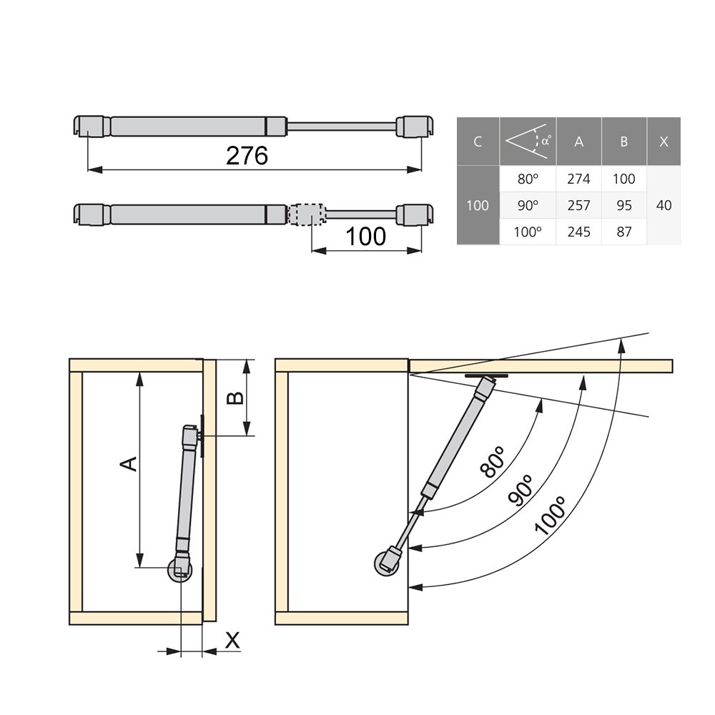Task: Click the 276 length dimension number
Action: click(x=247, y=155)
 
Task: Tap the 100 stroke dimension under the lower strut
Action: click(x=365, y=236)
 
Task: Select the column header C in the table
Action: click(x=477, y=142)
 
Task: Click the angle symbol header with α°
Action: click(x=528, y=141)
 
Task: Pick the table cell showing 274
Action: click(x=578, y=179)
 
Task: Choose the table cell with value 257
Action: click(x=578, y=205)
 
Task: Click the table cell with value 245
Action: click(x=578, y=232)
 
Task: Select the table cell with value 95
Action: click(x=623, y=205)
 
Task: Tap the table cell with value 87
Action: click(x=623, y=232)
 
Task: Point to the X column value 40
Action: click(x=664, y=205)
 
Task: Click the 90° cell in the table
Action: click(x=528, y=205)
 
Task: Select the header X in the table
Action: click(x=664, y=142)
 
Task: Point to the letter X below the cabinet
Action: click(x=232, y=641)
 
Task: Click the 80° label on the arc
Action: click(x=493, y=461)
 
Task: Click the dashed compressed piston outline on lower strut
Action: click(x=307, y=214)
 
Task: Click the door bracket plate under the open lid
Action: click(x=486, y=375)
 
